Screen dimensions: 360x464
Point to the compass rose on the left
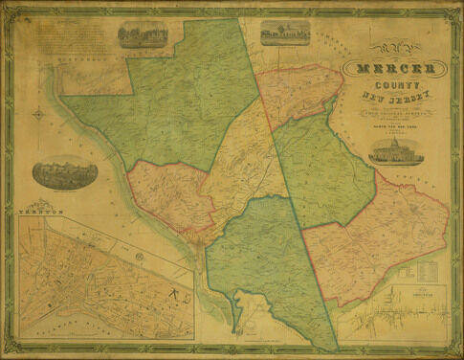coord(38,115)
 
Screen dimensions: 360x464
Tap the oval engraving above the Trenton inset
coord(64,173)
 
